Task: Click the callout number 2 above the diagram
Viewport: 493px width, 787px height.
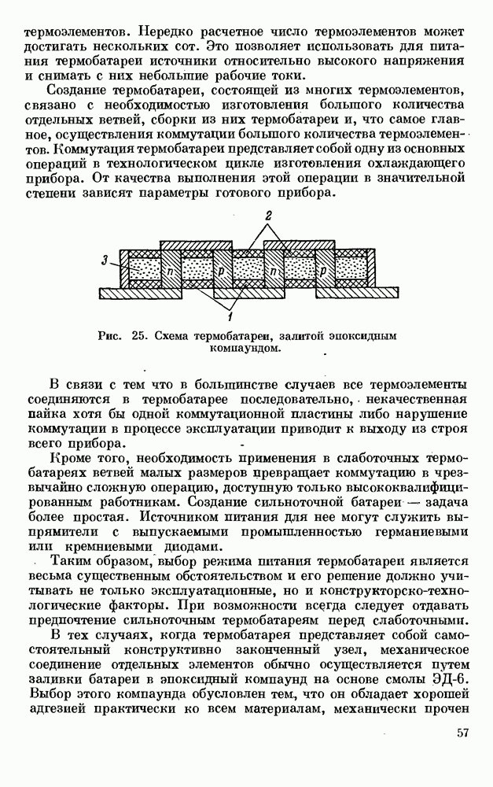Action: [x=268, y=215]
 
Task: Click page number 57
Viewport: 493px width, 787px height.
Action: [x=462, y=756]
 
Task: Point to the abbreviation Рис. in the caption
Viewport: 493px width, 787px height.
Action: [x=110, y=335]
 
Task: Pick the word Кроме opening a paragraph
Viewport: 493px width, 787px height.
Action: [x=68, y=457]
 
